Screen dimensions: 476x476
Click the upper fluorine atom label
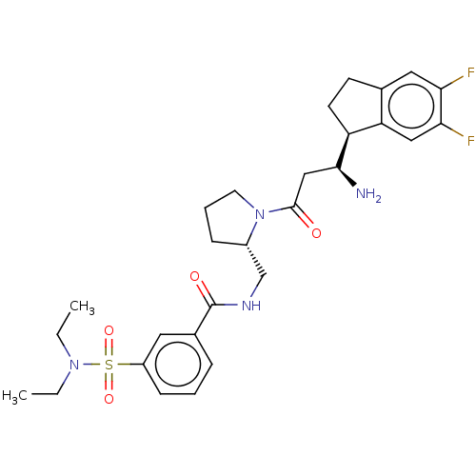[470, 72]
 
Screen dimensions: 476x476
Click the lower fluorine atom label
[470, 140]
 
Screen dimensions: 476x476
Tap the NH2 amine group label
[368, 194]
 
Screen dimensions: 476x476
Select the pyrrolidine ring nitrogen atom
[260, 214]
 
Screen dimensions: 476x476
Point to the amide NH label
[251, 306]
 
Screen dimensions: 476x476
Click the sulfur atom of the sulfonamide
[109, 365]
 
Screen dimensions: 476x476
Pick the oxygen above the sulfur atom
[109, 330]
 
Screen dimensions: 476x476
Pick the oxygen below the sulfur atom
[109, 399]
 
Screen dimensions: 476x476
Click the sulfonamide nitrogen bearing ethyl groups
[74, 365]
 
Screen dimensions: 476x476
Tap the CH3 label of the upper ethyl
[82, 307]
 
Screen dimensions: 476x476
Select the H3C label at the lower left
[14, 396]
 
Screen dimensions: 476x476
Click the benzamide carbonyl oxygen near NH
[194, 276]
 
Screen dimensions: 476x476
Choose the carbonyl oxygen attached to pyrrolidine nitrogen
[316, 233]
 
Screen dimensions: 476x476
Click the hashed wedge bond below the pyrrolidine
[256, 260]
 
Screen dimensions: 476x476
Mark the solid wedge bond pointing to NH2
[347, 176]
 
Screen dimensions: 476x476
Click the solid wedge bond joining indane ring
[344, 150]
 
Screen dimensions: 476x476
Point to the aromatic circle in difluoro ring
[411, 84]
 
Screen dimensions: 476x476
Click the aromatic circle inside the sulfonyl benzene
[178, 342]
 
